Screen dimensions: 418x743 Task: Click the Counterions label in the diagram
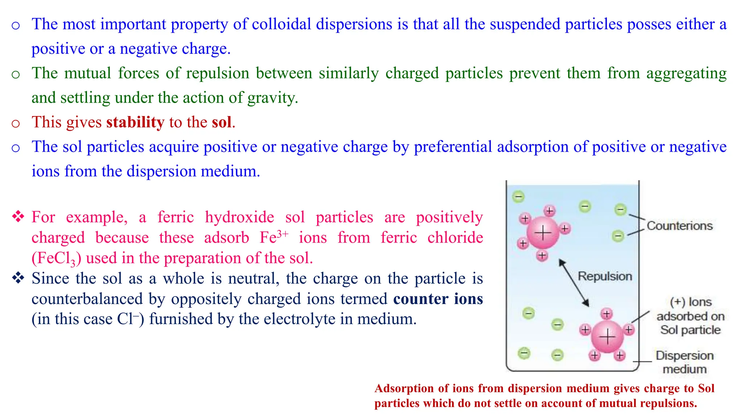pos(680,226)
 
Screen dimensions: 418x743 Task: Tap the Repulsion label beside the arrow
pos(605,276)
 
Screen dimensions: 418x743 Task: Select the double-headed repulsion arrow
pos(574,283)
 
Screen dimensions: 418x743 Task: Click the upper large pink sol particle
pos(543,233)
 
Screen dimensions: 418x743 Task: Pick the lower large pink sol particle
pos(607,337)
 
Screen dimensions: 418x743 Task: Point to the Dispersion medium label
pos(685,362)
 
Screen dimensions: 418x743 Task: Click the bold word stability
pos(135,122)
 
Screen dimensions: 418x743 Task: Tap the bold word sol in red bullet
pos(222,122)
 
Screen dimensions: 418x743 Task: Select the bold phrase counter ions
pos(438,299)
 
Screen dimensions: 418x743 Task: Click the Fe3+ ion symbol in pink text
pos(274,237)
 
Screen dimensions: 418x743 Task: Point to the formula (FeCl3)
pos(56,258)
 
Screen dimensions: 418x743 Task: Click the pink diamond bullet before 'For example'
pos(18,217)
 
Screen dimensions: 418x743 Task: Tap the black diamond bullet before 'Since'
pos(18,278)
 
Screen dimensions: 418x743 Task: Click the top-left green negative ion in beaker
pos(518,197)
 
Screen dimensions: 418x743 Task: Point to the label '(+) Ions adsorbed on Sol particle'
pos(690,316)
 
